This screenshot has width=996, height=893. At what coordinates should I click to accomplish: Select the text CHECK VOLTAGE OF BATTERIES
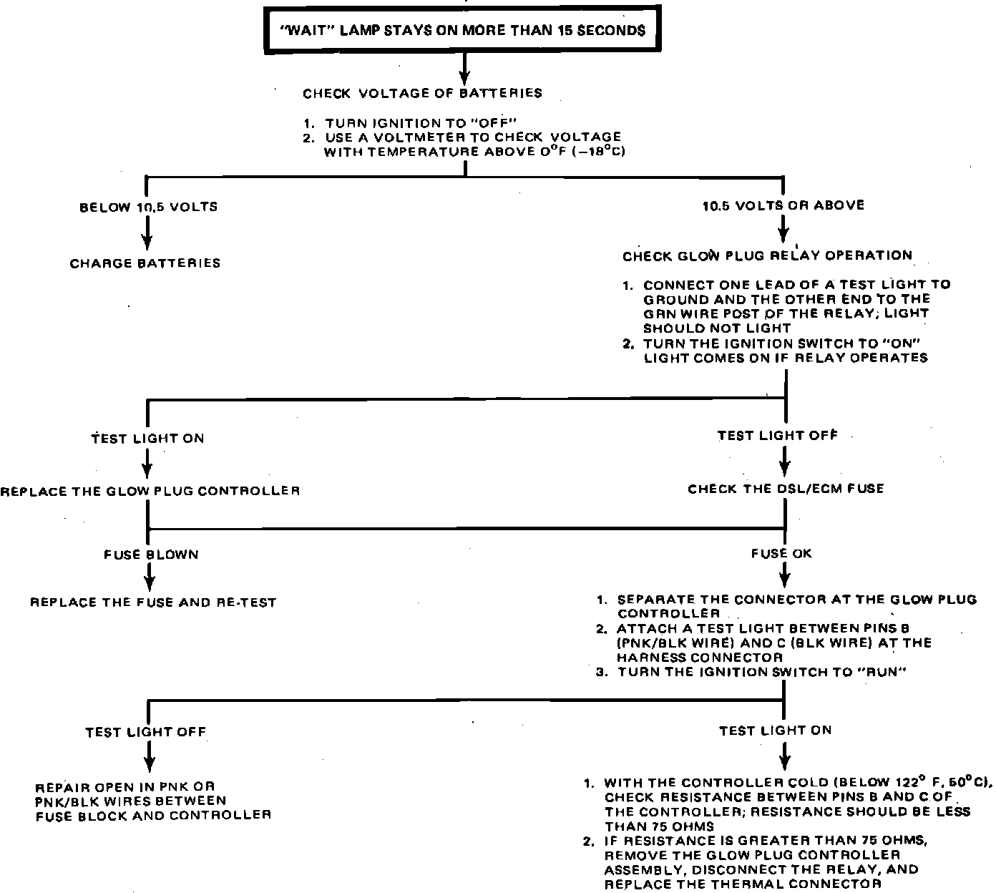click(422, 93)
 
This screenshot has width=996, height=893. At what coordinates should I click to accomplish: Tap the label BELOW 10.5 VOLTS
click(148, 207)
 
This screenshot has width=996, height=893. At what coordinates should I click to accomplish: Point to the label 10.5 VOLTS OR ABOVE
click(783, 205)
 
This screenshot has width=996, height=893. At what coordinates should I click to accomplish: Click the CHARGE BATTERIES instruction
click(145, 263)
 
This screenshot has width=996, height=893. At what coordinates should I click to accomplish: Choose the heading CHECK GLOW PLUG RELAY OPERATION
click(767, 255)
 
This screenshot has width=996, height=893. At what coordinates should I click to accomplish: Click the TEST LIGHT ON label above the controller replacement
click(147, 438)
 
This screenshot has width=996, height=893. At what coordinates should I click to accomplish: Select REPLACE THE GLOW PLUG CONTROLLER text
click(150, 491)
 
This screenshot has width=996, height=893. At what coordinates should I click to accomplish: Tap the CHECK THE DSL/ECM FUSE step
click(786, 489)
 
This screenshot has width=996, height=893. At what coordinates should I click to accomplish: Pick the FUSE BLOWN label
click(151, 554)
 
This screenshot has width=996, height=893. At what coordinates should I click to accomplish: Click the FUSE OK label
click(781, 553)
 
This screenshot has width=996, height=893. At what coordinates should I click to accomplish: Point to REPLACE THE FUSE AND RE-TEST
click(152, 602)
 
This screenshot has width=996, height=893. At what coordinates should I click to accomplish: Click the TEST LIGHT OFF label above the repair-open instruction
click(145, 732)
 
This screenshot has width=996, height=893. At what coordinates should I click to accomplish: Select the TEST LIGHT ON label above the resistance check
click(776, 731)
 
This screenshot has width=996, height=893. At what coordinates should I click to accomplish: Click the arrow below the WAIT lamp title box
click(464, 70)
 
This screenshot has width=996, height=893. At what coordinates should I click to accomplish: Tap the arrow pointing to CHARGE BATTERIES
click(148, 235)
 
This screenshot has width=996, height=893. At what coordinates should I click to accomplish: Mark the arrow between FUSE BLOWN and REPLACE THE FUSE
click(149, 576)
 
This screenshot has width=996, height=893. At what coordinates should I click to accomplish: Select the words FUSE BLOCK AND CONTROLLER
click(153, 815)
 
